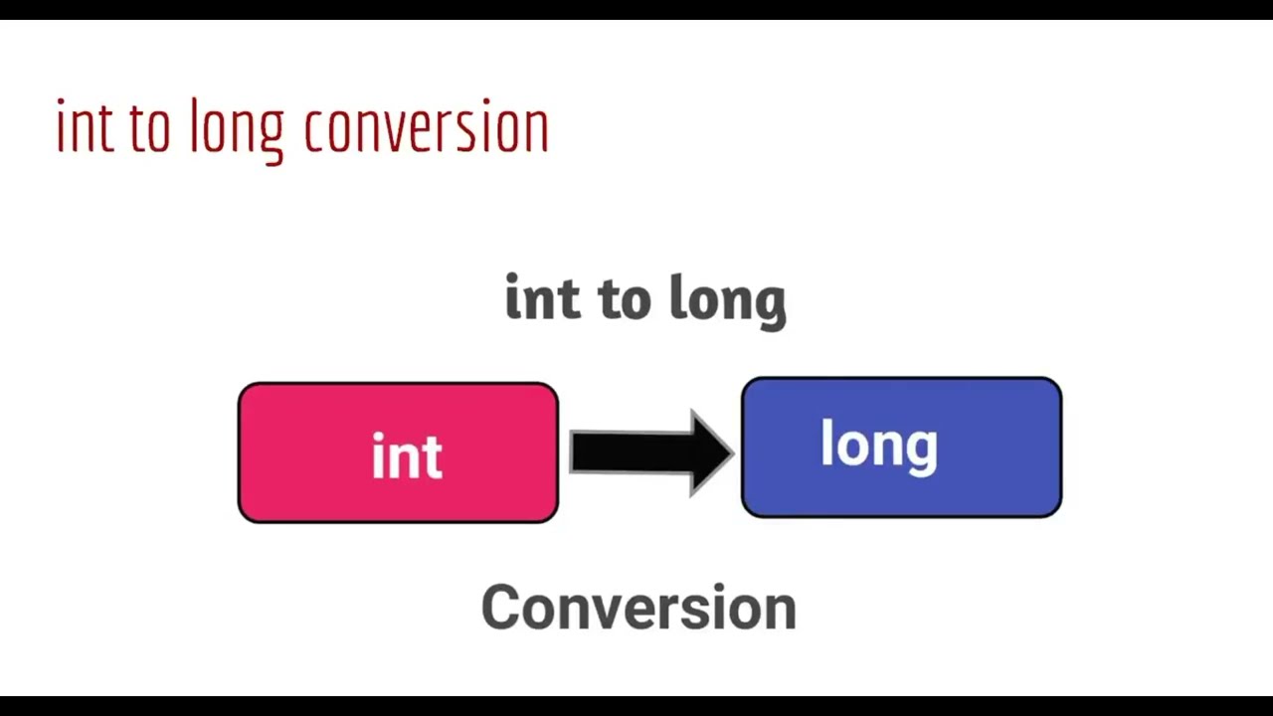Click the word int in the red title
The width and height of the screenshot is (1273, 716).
[x=85, y=127]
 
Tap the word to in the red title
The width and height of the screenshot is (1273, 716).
[x=150, y=129]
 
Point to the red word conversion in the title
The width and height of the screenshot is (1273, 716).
[x=426, y=129]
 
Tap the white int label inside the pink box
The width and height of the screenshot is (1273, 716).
[x=407, y=456]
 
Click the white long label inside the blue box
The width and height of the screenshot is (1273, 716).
[x=878, y=446]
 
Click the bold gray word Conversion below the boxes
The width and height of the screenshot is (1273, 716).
[x=638, y=608]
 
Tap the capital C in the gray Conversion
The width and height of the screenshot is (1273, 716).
[x=503, y=608]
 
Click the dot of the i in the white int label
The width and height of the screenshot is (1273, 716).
[x=379, y=438]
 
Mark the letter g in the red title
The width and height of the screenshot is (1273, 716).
[x=270, y=137]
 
